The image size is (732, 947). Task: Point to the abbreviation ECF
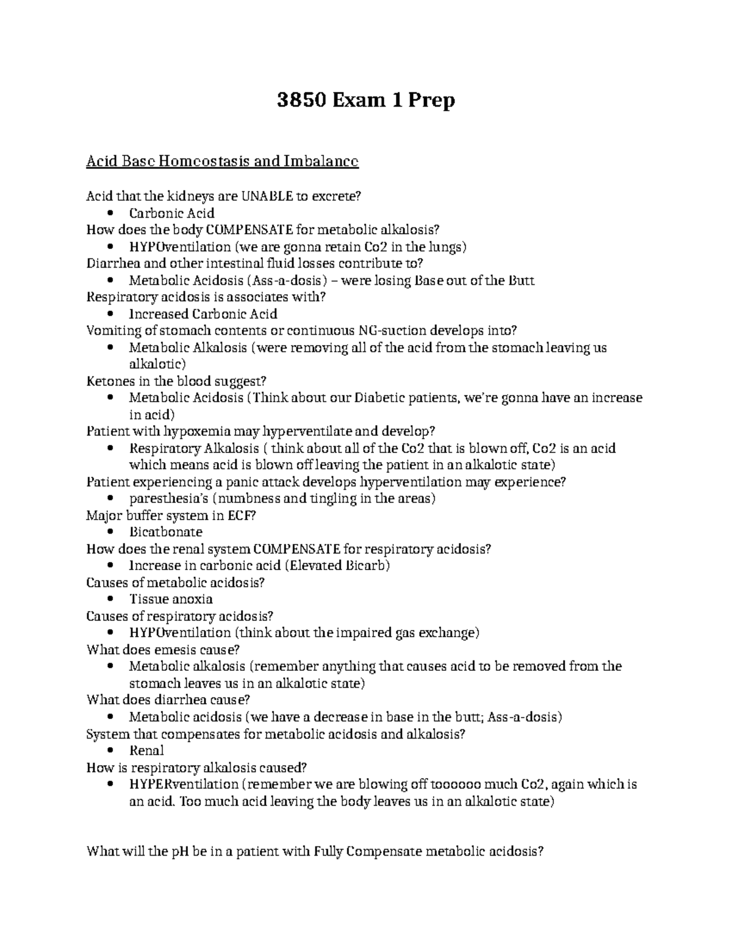(x=240, y=515)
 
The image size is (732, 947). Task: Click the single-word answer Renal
(x=146, y=751)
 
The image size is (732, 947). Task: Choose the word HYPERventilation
(x=184, y=784)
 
